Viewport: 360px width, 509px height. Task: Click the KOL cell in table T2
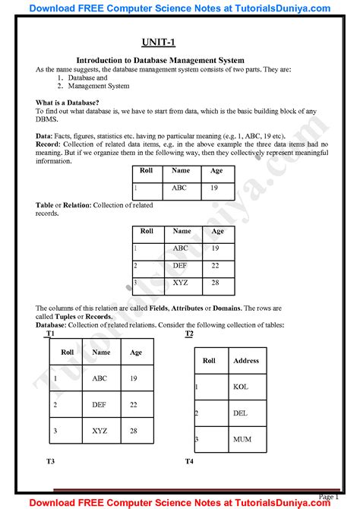(x=241, y=387)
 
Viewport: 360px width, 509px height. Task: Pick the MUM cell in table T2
(x=241, y=439)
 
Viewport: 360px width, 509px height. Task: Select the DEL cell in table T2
(x=241, y=413)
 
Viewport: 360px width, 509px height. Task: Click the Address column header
(x=246, y=361)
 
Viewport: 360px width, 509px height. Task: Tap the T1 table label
(x=50, y=334)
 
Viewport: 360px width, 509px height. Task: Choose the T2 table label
(x=189, y=334)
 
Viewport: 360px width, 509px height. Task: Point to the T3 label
(x=50, y=461)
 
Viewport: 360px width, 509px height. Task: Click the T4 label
(x=189, y=461)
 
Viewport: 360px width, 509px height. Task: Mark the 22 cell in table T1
(x=134, y=405)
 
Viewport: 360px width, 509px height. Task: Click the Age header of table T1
(x=136, y=353)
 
